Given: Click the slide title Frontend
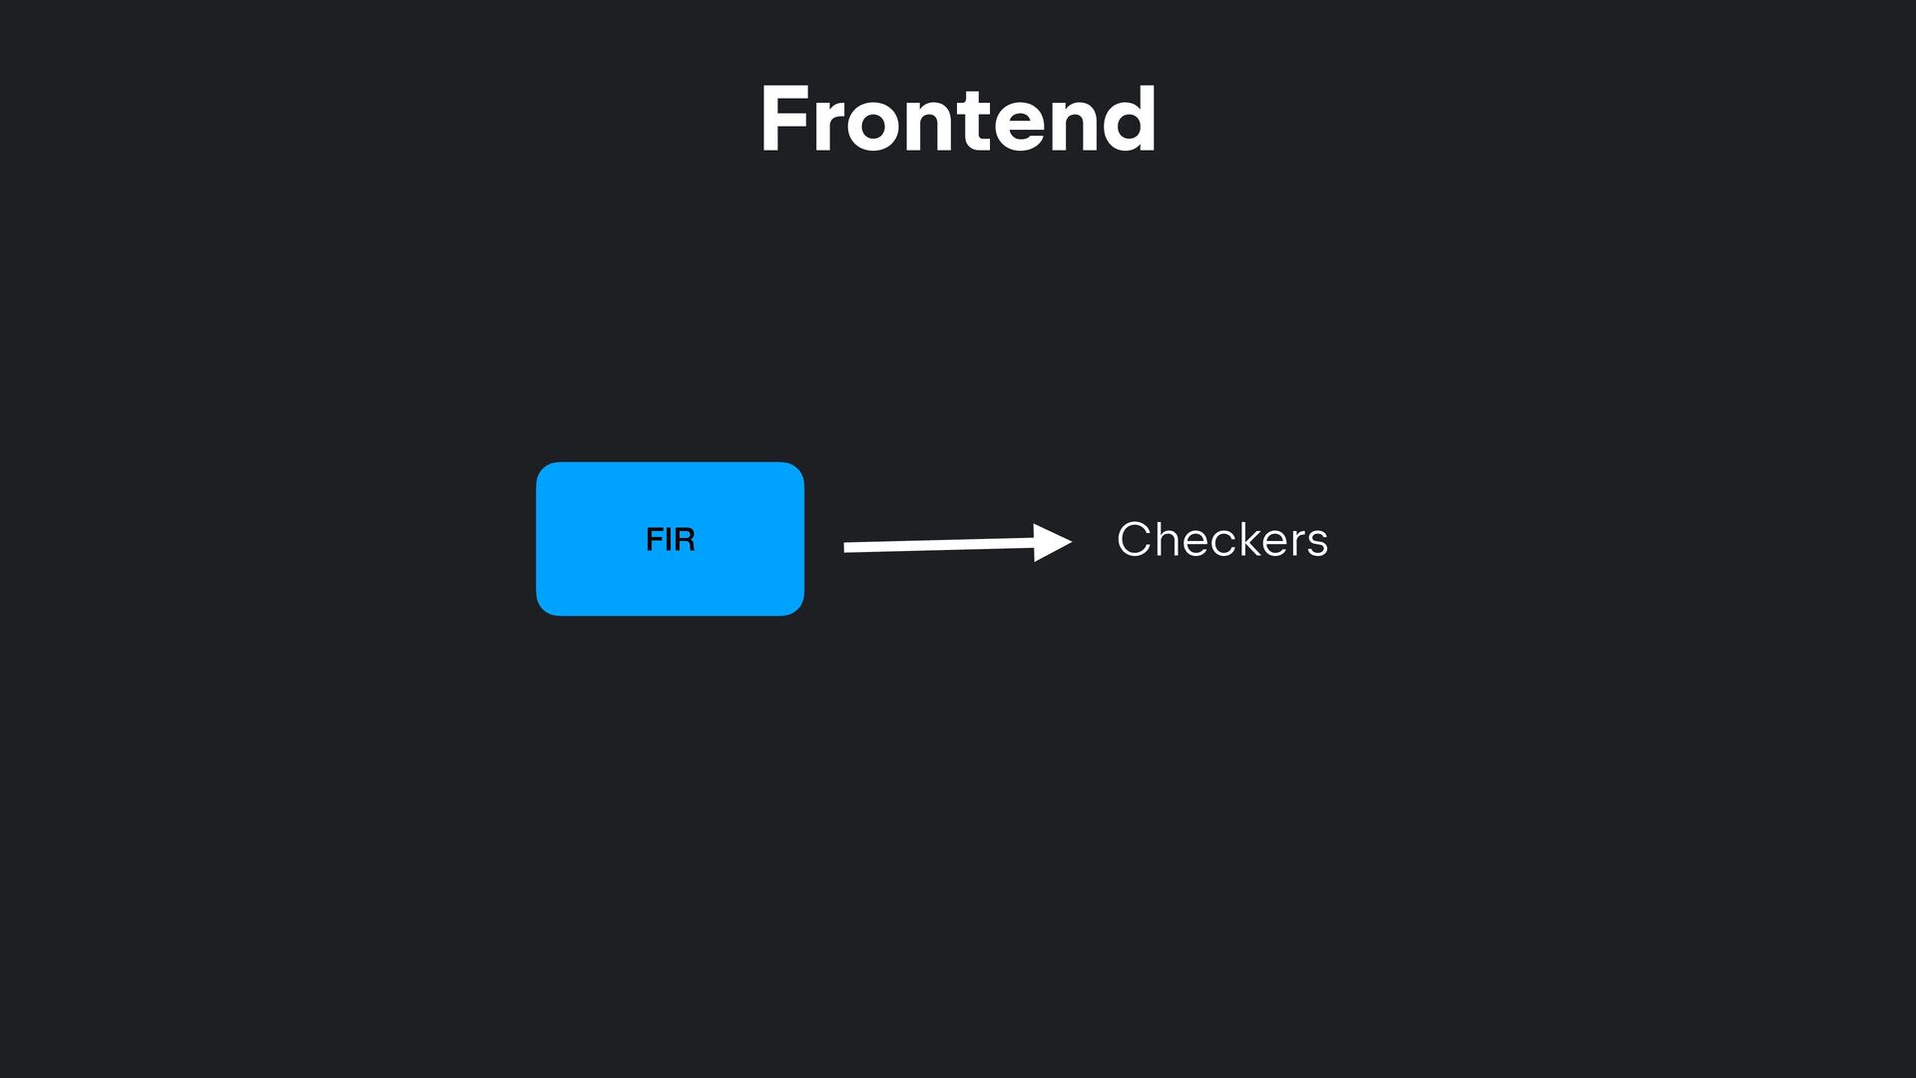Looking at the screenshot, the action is (x=958, y=120).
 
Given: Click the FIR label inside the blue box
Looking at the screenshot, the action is (x=670, y=540).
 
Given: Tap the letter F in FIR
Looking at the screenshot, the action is (x=655, y=540).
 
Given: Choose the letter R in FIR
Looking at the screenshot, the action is (x=685, y=540).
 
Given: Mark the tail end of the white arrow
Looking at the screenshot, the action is (x=848, y=547).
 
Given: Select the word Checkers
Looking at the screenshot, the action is (x=1221, y=540).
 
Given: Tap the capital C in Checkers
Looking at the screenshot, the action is (x=1135, y=540).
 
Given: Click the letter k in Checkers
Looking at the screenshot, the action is (x=1246, y=540).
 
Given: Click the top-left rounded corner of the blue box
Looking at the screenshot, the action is (x=544, y=470).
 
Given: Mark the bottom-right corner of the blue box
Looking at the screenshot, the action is (x=796, y=608).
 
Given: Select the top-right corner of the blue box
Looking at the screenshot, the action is (x=796, y=470).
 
